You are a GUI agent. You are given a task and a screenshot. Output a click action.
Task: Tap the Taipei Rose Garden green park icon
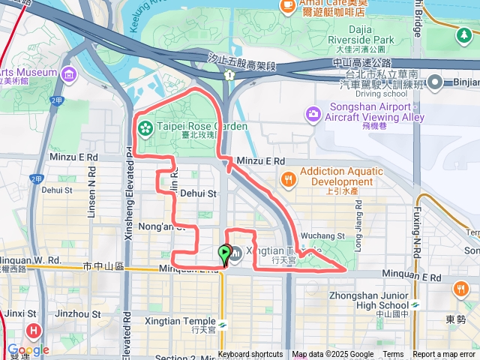144,126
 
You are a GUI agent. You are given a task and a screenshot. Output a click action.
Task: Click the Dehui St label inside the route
198,193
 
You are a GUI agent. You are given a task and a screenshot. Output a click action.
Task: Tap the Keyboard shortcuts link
250,355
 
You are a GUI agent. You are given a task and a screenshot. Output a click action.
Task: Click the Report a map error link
445,355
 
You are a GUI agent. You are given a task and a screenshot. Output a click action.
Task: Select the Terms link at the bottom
393,355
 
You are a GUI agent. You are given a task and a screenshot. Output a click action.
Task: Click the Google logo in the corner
28,349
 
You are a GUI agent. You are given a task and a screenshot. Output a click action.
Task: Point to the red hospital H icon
34,329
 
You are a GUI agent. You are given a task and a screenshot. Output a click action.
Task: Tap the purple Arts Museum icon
69,73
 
